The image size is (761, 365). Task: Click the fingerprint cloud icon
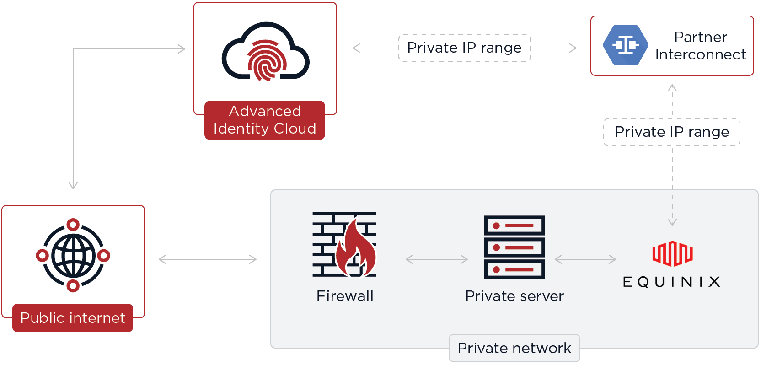[265, 53]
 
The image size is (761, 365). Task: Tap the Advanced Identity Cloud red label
[265, 120]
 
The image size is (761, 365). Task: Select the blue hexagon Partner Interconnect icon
[625, 45]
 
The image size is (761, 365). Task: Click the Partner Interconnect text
[700, 46]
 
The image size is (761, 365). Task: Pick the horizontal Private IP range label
[464, 48]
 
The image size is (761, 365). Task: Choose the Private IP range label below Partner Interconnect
[671, 132]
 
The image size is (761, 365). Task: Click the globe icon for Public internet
[73, 255]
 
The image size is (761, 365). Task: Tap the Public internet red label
[73, 318]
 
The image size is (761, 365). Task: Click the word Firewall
[345, 296]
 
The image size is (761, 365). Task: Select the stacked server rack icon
[514, 247]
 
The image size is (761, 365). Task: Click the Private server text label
[514, 296]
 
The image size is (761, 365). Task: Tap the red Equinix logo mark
[672, 253]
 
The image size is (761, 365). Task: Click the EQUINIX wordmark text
[671, 282]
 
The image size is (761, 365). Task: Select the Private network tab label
[514, 348]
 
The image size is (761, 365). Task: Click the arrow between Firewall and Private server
[437, 259]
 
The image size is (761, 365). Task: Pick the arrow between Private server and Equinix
[585, 259]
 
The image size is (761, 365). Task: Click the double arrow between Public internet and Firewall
[208, 259]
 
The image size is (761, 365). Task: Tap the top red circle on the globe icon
[73, 225]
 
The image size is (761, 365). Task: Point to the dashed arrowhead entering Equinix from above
[672, 222]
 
